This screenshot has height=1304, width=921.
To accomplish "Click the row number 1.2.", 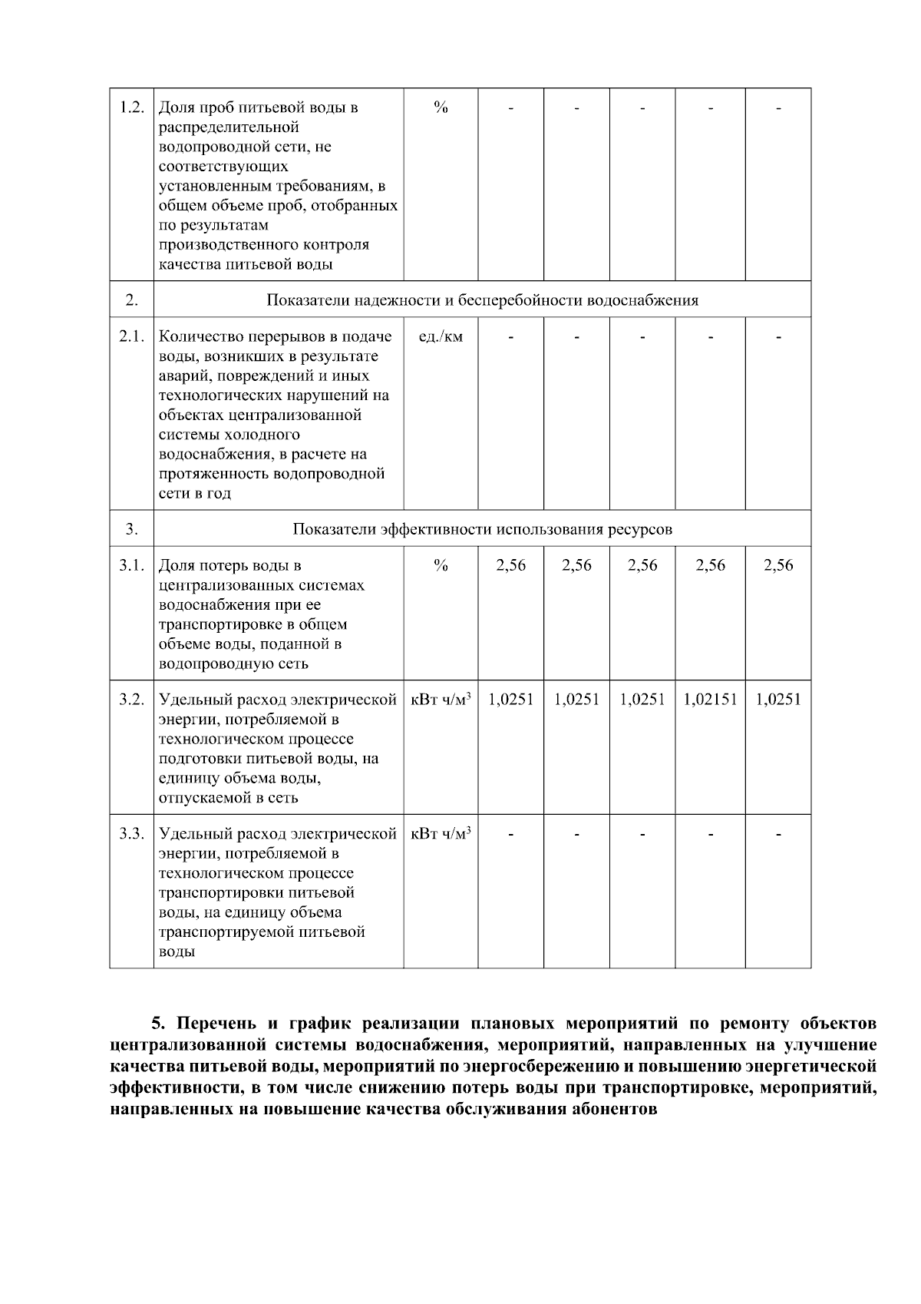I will click(132, 107).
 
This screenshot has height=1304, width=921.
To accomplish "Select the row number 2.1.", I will click(132, 336).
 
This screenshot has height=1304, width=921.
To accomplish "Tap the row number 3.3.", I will click(132, 833).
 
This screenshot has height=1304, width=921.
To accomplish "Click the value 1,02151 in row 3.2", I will click(710, 700).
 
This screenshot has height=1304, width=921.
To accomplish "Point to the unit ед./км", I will click(441, 336).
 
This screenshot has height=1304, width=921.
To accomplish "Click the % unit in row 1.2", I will click(441, 107).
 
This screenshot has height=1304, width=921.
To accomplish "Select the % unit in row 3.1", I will click(441, 566).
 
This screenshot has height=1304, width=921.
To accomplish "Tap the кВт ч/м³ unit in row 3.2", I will click(441, 700).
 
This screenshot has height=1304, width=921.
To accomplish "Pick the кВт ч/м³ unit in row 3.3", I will click(441, 833).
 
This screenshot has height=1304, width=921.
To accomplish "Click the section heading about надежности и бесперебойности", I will click(482, 300).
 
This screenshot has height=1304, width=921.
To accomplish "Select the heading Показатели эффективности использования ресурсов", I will click(482, 529).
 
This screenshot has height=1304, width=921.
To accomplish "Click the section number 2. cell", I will click(132, 300).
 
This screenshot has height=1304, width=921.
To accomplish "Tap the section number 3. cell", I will click(132, 529).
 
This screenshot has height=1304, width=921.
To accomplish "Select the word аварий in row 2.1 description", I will click(180, 376).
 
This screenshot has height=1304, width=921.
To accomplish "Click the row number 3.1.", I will click(132, 566).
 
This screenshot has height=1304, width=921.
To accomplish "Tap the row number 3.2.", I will click(132, 700).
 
